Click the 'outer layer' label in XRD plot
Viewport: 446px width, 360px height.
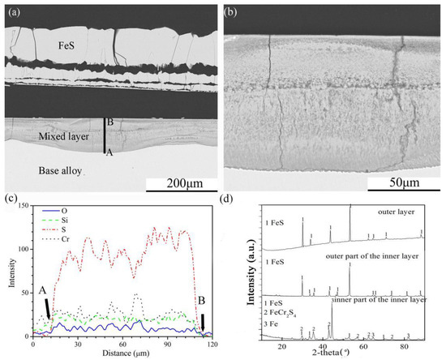click(x=401, y=212)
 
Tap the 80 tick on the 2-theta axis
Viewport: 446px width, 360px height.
click(x=405, y=345)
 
